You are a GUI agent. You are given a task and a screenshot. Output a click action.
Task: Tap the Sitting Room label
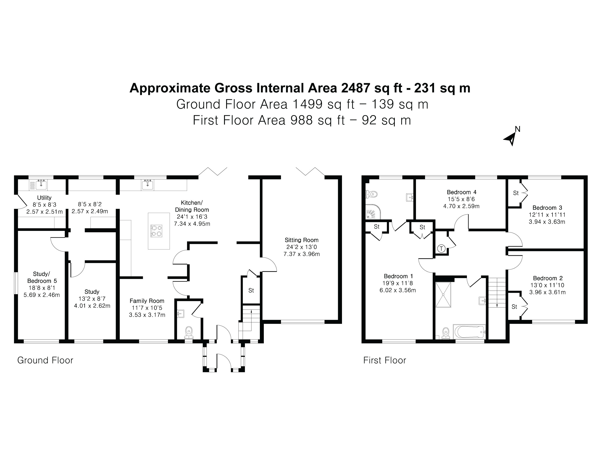[x=301, y=240]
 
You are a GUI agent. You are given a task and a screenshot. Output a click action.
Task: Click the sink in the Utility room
[x=41, y=185]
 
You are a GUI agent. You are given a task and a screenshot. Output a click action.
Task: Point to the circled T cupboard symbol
[x=441, y=249]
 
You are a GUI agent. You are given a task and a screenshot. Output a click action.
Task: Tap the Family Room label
[x=147, y=301]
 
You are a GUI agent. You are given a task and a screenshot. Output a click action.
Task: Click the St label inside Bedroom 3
[x=516, y=193]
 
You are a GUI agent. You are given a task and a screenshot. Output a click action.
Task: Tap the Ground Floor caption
[x=45, y=360]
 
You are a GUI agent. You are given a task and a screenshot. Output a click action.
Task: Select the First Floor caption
[x=384, y=360]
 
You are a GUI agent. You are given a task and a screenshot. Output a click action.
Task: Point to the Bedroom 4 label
[x=462, y=192]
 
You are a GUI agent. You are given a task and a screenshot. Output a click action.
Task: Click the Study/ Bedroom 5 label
[x=42, y=277]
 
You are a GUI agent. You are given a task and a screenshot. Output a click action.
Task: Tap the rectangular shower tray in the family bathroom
[x=443, y=295]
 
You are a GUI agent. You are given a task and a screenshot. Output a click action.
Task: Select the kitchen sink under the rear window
[x=147, y=185]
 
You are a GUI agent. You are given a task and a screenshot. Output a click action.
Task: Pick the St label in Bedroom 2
[x=514, y=307]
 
